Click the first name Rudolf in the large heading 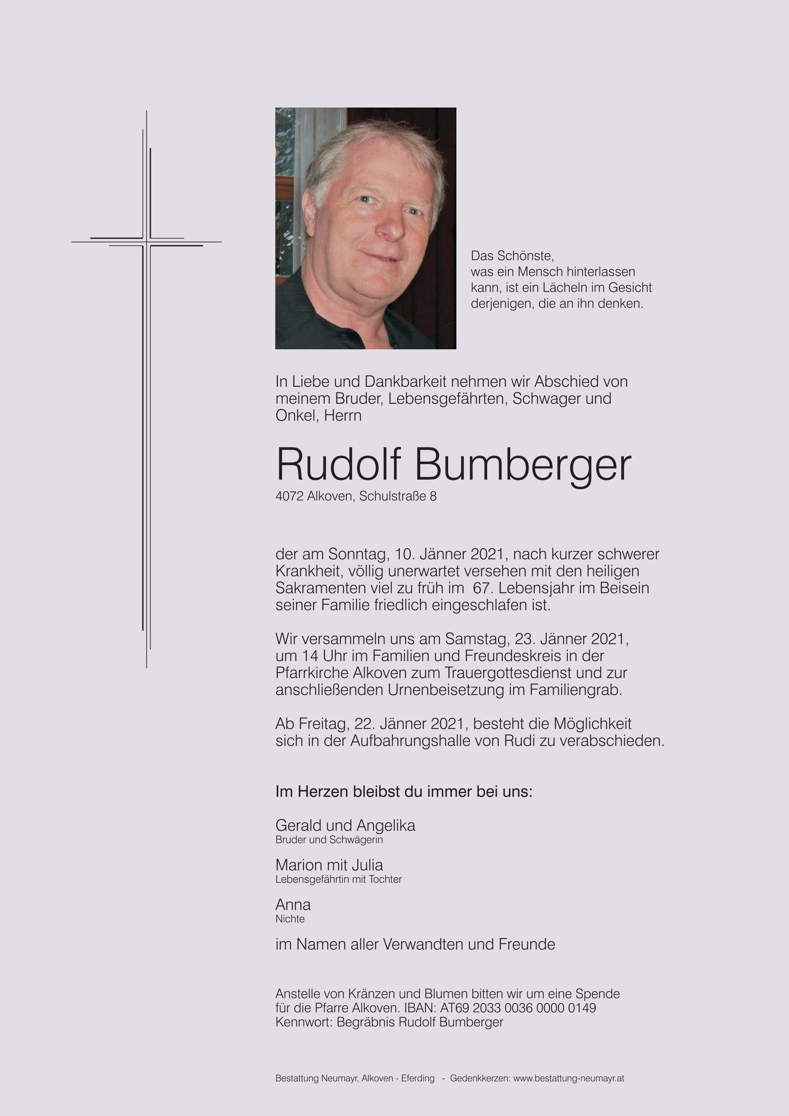[x=338, y=465]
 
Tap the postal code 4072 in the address [x=289, y=496]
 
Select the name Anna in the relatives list [x=293, y=904]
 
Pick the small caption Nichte [x=290, y=919]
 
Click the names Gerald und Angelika [x=345, y=825]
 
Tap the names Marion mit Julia [x=329, y=865]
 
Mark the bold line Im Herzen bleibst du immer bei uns [x=404, y=792]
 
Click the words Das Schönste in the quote [x=512, y=256]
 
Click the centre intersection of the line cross [x=146, y=241]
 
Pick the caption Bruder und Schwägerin [x=329, y=840]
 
